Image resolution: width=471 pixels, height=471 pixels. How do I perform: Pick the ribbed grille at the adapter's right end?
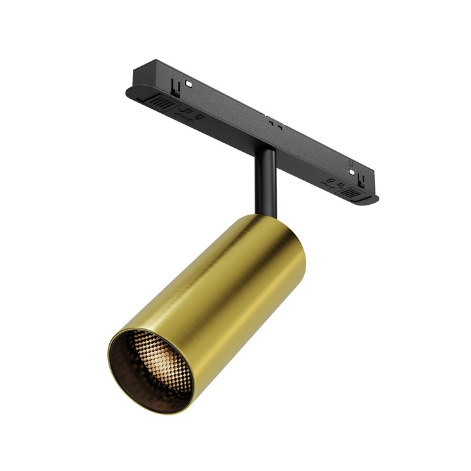(351, 194)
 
